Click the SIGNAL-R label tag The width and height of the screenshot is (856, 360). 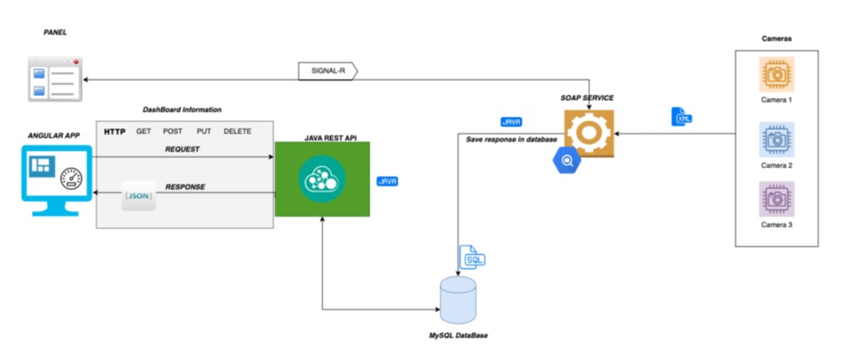[x=327, y=72]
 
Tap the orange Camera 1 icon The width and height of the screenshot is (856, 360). [x=776, y=75]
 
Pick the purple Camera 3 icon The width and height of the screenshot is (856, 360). [x=776, y=200]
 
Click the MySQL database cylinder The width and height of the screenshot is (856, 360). [x=458, y=300]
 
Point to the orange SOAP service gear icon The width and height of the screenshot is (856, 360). [x=589, y=132]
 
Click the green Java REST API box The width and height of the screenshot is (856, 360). [x=322, y=179]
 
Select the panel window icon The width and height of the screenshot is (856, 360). [x=53, y=78]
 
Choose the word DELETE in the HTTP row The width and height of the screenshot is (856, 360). [x=238, y=132]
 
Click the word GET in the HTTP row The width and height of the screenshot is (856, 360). [x=143, y=132]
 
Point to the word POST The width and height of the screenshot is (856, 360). [x=173, y=132]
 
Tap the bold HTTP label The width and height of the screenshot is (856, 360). [x=114, y=132]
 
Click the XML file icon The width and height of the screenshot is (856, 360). [x=682, y=117]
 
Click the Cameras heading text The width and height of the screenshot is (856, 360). [x=776, y=38]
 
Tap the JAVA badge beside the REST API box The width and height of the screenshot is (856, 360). [x=387, y=181]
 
